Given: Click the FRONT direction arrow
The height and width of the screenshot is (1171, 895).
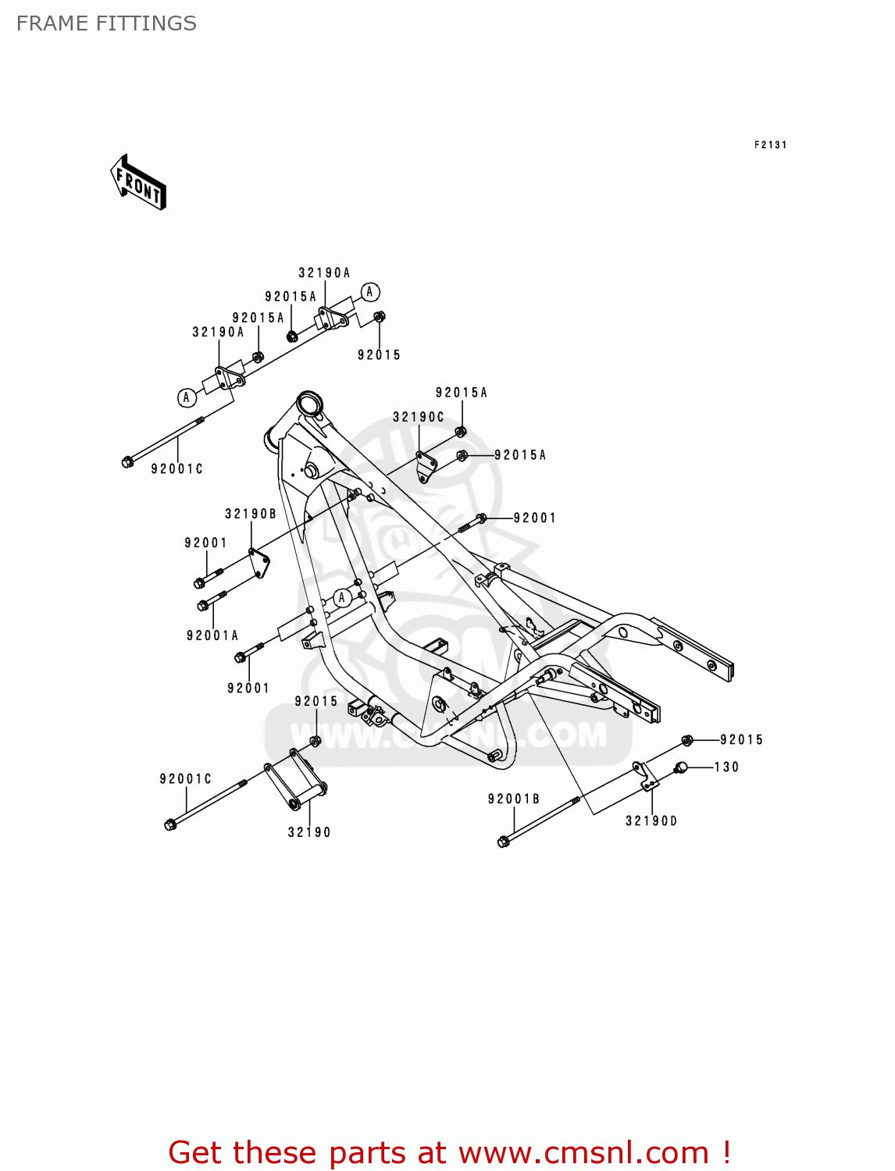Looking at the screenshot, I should point(139,183).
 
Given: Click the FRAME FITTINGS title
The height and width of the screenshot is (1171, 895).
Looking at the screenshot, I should point(106,23).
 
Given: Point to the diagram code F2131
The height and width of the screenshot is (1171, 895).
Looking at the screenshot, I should point(770,144).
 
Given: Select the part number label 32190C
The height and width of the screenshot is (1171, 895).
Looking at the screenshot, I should point(418,417).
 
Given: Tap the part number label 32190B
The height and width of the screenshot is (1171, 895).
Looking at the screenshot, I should point(251,514).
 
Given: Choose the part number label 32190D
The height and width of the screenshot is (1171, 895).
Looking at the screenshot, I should point(651,820).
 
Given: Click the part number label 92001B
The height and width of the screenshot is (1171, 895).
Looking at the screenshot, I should point(514,799).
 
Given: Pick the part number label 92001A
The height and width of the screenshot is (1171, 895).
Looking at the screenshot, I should point(212,635).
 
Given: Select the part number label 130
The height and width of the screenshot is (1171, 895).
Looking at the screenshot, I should point(726,767).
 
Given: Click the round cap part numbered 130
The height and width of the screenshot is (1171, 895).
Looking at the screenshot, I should point(680,767).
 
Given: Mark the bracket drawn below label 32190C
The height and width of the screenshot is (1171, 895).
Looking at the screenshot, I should point(426,466).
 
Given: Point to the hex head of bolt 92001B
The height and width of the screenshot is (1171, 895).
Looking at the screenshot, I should point(503,842).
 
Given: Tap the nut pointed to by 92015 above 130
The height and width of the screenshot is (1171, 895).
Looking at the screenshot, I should point(687,740).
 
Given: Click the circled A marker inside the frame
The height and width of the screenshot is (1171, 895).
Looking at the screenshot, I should point(341,598).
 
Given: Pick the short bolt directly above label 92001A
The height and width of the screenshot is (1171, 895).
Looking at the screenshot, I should point(212,600).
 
